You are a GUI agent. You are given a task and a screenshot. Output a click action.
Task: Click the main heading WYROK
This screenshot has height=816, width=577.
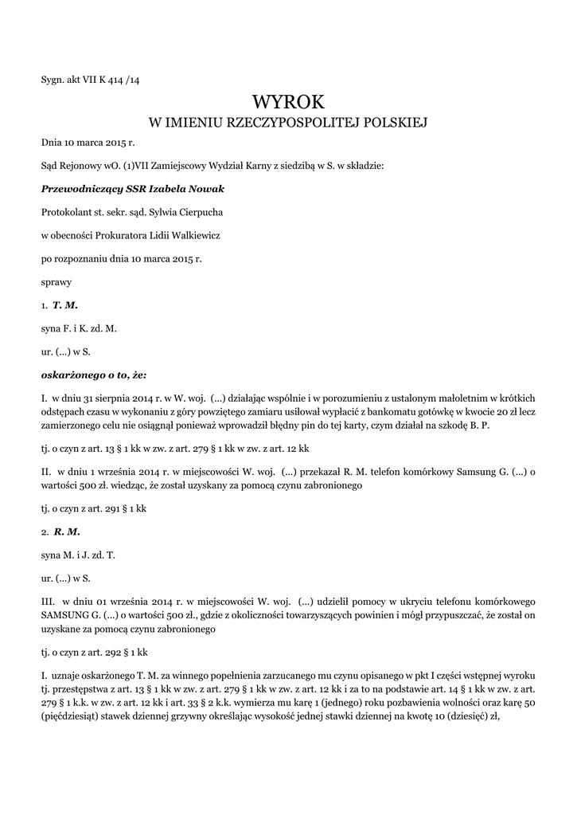pyautogui.click(x=288, y=102)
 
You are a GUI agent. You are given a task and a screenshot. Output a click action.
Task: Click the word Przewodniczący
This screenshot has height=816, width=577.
pyautogui.click(x=78, y=189)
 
